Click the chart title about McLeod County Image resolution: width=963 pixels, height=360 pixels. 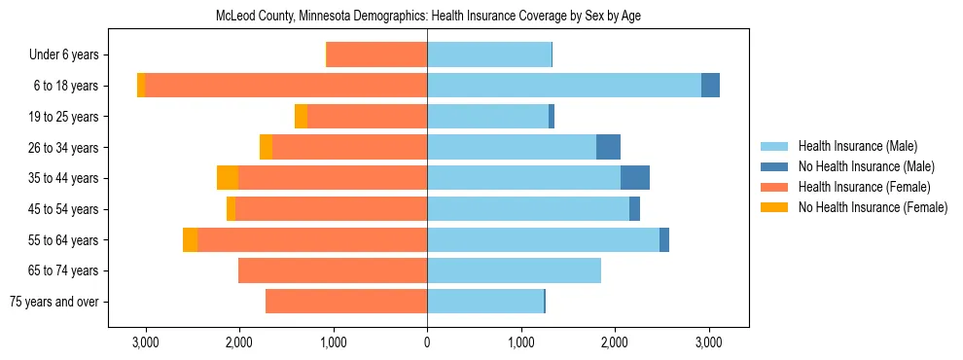[427, 17]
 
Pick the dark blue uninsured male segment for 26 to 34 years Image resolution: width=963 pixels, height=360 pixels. [608, 147]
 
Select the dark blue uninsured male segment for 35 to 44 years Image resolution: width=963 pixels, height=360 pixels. [635, 178]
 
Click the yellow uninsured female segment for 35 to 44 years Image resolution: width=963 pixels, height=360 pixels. [228, 178]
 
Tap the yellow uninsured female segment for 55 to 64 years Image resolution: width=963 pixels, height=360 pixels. [190, 239]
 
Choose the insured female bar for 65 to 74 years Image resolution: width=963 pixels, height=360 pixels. [333, 270]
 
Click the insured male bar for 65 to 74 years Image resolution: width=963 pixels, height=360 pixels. [514, 270]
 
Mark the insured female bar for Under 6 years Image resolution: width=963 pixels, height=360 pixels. [376, 54]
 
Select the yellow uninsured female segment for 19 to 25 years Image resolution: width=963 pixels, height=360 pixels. [301, 116]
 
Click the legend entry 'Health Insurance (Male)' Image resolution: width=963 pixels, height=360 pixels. [857, 146]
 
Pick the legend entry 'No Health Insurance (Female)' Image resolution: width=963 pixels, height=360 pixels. [873, 207]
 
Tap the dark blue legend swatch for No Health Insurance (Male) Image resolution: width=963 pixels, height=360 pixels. [774, 166]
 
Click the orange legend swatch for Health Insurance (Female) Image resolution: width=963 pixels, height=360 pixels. [774, 187]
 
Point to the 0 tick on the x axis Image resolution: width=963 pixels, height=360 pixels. [427, 342]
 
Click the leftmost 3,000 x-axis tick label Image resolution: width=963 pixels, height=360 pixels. [145, 342]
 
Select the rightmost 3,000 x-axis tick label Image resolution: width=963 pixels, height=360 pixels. [708, 342]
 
